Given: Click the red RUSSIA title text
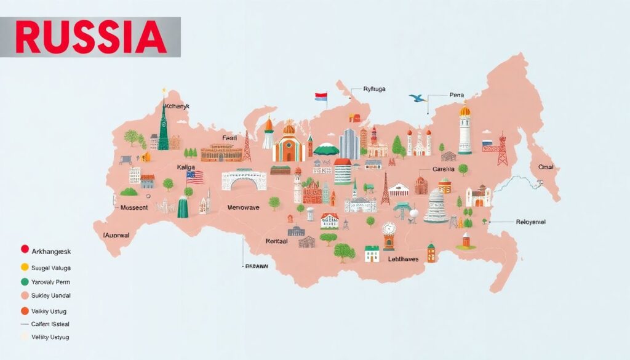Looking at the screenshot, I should pyautogui.click(x=91, y=37).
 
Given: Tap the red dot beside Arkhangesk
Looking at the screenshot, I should pyautogui.click(x=25, y=249).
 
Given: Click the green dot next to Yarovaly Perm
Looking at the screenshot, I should pyautogui.click(x=25, y=282).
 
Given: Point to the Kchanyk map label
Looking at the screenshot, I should pyautogui.click(x=178, y=106).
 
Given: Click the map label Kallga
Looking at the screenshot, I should pyautogui.click(x=188, y=167).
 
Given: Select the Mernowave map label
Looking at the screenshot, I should pyautogui.click(x=244, y=208).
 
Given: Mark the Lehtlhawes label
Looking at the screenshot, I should pyautogui.click(x=394, y=259).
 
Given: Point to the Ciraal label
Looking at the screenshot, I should pyautogui.click(x=546, y=167).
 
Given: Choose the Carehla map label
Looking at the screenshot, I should pyautogui.click(x=443, y=169).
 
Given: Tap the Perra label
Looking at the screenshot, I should pyautogui.click(x=457, y=95).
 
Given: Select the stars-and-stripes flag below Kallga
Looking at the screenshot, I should pyautogui.click(x=194, y=177).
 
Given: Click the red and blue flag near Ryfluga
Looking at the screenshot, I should pyautogui.click(x=321, y=97).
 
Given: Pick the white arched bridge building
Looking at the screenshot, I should pyautogui.click(x=244, y=180).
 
